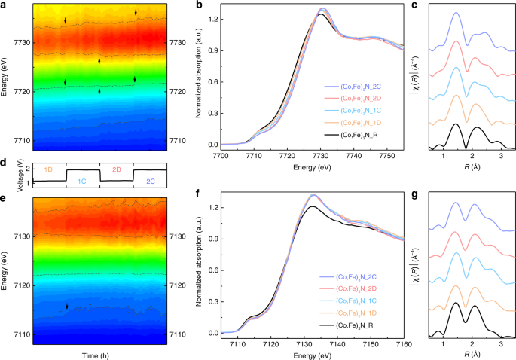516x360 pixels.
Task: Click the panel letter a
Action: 4,5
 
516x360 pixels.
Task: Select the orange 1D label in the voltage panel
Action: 47,170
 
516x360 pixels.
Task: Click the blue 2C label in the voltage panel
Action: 151,182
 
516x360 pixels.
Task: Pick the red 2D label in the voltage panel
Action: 116,170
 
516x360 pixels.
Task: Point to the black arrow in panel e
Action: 67,307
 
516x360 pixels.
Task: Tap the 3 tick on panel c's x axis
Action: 501,154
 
